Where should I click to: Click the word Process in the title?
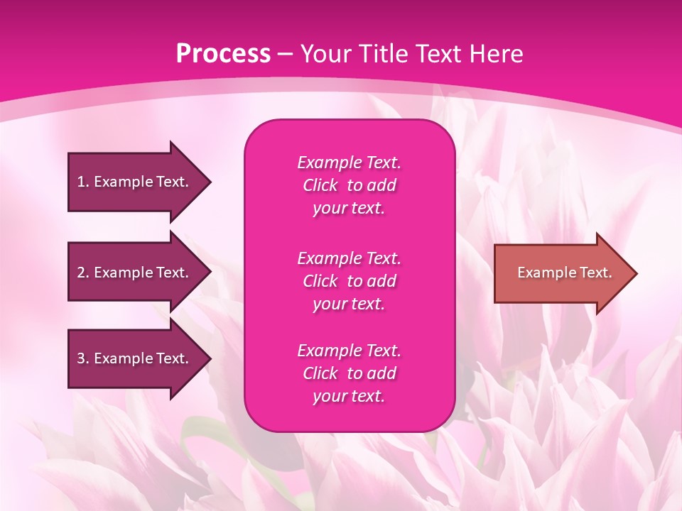[x=223, y=54]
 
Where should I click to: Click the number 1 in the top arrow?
[x=81, y=182]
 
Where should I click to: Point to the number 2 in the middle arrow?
[x=81, y=273]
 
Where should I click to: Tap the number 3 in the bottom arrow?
[x=81, y=358]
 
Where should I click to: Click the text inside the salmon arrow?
[x=565, y=273]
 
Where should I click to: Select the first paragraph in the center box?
[x=349, y=185]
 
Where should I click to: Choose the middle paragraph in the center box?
[x=349, y=281]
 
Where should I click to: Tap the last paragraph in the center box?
[x=349, y=373]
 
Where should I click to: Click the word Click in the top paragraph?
[x=320, y=185]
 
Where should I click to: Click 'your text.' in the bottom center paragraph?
[x=349, y=396]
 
